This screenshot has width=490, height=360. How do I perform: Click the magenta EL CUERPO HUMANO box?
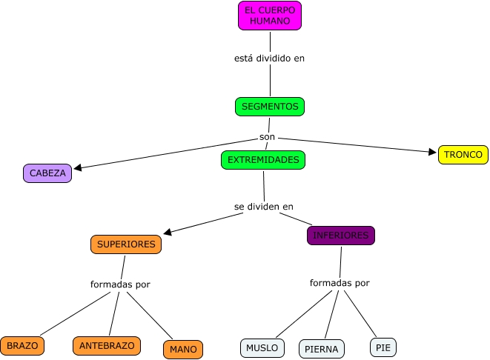pyautogui.click(x=270, y=16)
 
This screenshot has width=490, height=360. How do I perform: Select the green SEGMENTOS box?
pyautogui.click(x=270, y=107)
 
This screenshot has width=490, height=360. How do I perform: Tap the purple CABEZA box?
pyautogui.click(x=47, y=173)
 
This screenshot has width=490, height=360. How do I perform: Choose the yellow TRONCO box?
pyautogui.click(x=463, y=155)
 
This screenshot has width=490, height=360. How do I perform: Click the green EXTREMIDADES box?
pyautogui.click(x=263, y=160)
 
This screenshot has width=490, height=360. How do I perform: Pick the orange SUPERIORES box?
pyautogui.click(x=126, y=244)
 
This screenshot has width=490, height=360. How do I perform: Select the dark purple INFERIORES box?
pyautogui.click(x=340, y=236)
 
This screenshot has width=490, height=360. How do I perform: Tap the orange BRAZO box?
pyautogui.click(x=22, y=345)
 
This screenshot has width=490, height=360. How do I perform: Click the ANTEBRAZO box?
pyautogui.click(x=107, y=345)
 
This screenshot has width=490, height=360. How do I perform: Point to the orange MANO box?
pyautogui.click(x=182, y=349)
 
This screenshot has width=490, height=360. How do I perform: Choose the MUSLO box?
pyautogui.click(x=262, y=347)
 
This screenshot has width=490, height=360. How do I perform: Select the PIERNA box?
pyautogui.click(x=322, y=349)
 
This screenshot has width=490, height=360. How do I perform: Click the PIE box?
pyautogui.click(x=383, y=347)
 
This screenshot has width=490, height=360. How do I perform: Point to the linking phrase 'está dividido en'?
pyautogui.click(x=269, y=58)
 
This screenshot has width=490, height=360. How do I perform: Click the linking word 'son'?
pyautogui.click(x=268, y=137)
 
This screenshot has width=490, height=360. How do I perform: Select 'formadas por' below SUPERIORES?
pyautogui.click(x=120, y=284)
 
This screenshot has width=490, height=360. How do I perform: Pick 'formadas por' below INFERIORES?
pyautogui.click(x=339, y=283)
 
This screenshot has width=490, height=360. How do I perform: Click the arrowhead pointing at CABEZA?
pyautogui.click(x=77, y=168)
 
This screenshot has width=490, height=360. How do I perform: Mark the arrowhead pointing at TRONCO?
pyautogui.click(x=433, y=152)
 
